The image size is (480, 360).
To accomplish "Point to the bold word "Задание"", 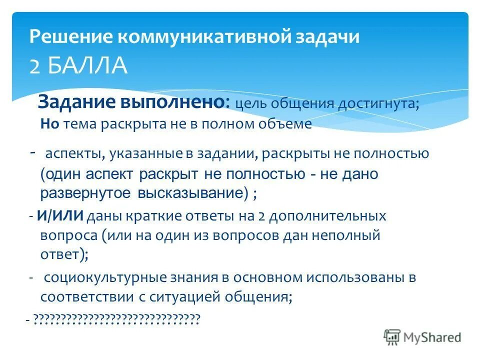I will (x=75, y=102).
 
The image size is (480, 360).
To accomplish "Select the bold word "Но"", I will (x=50, y=124).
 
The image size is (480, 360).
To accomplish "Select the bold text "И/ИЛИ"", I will (x=60, y=216).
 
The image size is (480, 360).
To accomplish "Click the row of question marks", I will (x=116, y=318).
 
